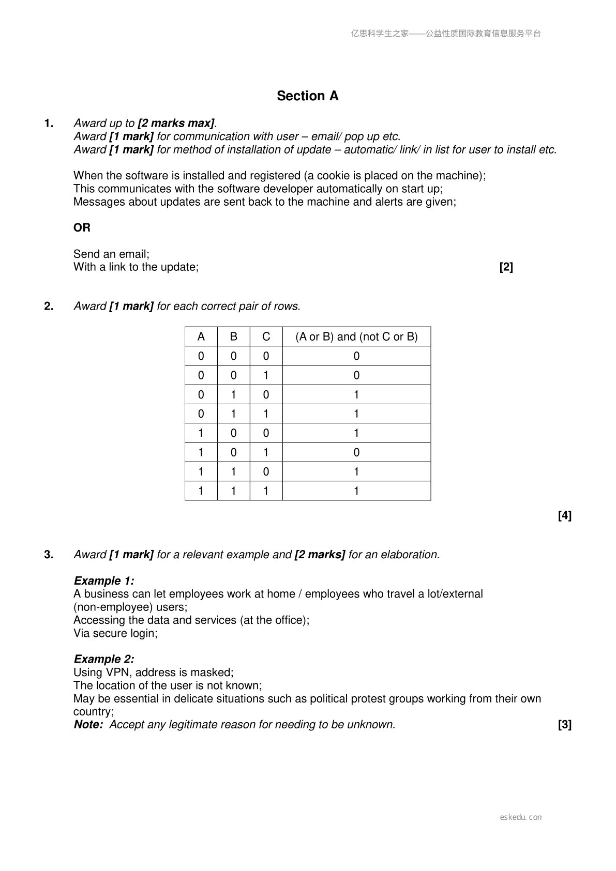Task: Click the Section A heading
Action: [x=307, y=96]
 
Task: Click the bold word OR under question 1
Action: [x=82, y=227]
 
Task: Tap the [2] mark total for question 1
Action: [x=506, y=267]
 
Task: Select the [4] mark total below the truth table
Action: [x=564, y=515]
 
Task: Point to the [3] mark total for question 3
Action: [x=564, y=725]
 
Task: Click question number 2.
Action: [x=49, y=306]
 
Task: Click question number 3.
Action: [x=49, y=555]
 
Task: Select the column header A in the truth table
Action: [x=201, y=337]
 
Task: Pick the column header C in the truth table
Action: [x=266, y=337]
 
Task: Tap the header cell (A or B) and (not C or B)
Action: [x=356, y=337]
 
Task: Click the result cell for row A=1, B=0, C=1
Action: [x=356, y=452]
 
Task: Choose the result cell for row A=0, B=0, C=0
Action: [x=356, y=356]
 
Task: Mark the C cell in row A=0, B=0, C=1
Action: [x=266, y=375]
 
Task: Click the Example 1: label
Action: [x=104, y=580]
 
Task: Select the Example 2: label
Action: [x=104, y=659]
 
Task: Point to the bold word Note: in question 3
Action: [x=88, y=725]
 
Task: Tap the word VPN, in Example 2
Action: [x=119, y=673]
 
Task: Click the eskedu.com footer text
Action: [x=521, y=817]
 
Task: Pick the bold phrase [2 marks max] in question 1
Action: [x=176, y=123]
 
